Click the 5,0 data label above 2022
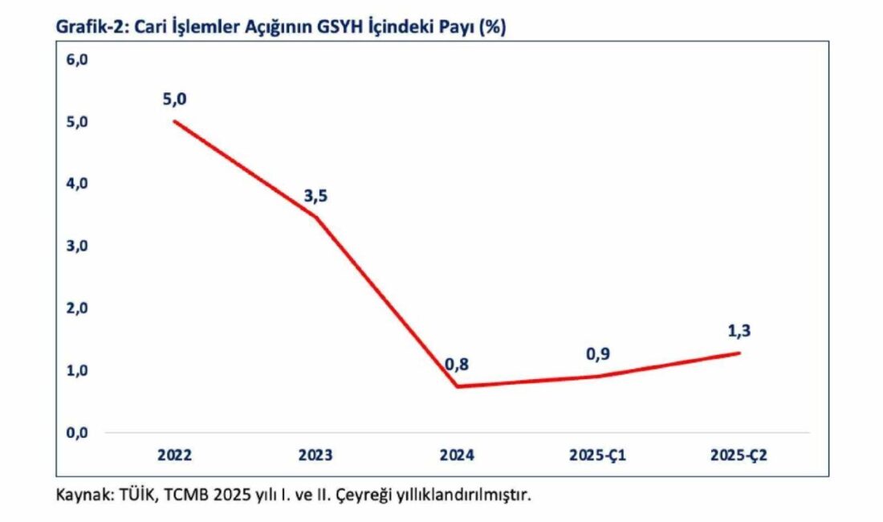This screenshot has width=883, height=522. (174, 100)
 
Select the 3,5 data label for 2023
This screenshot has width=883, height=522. (315, 196)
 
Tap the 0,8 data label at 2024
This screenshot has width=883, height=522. (457, 365)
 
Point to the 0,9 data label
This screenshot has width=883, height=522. (597, 353)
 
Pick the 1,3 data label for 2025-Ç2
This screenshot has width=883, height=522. (739, 330)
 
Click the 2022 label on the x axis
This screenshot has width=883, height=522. (175, 455)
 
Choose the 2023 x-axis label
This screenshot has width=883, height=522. (315, 455)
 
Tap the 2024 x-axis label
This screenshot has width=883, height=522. (457, 455)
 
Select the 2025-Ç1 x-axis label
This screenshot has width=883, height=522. (597, 455)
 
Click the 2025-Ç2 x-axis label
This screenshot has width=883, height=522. (739, 455)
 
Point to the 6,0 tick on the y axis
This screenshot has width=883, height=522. (76, 59)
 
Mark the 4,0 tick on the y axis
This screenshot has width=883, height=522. (76, 184)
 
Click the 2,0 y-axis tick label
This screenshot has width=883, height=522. (76, 308)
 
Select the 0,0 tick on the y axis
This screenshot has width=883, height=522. (76, 433)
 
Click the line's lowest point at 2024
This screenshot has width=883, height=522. (457, 386)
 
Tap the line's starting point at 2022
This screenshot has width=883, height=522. (175, 121)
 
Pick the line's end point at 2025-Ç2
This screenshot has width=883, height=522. (739, 353)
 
